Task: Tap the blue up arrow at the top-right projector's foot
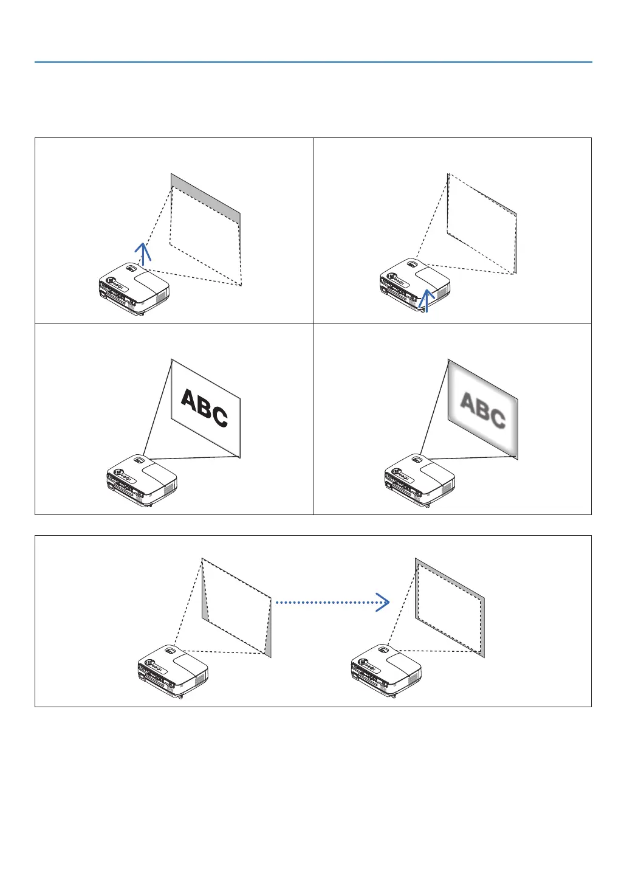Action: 427,300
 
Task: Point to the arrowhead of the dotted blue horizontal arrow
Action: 382,602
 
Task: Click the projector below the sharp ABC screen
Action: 142,480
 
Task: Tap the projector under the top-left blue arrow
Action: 134,288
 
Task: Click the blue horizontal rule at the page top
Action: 313,62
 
